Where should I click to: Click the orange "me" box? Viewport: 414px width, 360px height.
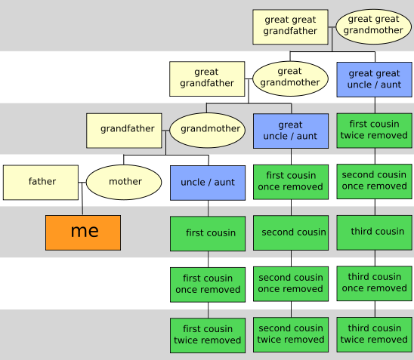pos(83,232)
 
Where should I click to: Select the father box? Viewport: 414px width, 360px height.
pos(41,183)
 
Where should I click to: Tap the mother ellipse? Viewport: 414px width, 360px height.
pos(124,182)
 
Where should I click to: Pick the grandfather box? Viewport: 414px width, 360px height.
pos(124,131)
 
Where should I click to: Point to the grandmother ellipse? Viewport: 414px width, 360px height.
pos(207,131)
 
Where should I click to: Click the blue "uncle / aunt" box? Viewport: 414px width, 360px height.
pos(208,183)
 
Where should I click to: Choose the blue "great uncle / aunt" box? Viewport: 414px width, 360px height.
pos(291,131)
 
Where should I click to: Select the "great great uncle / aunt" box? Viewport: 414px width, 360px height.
pos(375,79)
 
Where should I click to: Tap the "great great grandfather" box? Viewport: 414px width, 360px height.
pos(290,27)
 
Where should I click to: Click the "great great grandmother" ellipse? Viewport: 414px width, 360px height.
pos(374,26)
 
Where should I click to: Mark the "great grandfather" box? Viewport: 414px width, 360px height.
pos(207,78)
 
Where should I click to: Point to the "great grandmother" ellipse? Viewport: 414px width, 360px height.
pos(290,78)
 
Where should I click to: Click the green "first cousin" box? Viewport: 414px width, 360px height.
pos(208,233)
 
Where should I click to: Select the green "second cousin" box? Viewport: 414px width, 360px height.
pos(291,232)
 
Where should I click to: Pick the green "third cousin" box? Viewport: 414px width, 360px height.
pos(375,232)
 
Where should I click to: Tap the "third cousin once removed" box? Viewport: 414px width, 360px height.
pos(375,284)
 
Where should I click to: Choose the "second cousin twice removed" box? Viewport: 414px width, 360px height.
pos(291,334)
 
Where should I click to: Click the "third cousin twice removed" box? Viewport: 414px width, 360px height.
pos(375,334)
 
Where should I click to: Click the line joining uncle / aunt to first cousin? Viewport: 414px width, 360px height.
pos(208,208)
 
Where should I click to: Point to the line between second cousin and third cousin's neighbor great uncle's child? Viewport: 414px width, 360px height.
pos(291,208)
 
